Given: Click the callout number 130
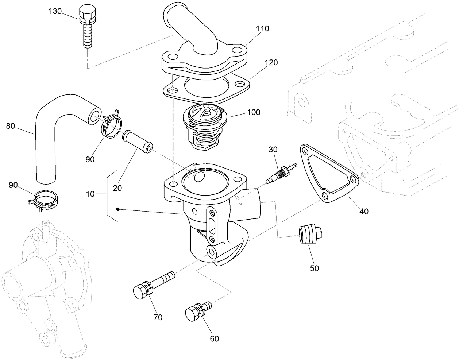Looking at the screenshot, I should click(55, 11).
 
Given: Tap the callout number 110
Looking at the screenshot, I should click(262, 28).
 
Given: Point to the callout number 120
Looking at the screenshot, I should click(271, 62).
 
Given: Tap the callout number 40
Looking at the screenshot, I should click(364, 211).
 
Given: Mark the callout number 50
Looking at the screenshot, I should click(314, 268).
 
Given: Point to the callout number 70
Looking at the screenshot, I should click(158, 317).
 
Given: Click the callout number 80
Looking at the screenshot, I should click(11, 127).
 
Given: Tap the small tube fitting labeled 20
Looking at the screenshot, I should click(138, 141).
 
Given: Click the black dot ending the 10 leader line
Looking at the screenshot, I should click(118, 209).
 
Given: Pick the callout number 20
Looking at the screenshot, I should click(117, 188).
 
